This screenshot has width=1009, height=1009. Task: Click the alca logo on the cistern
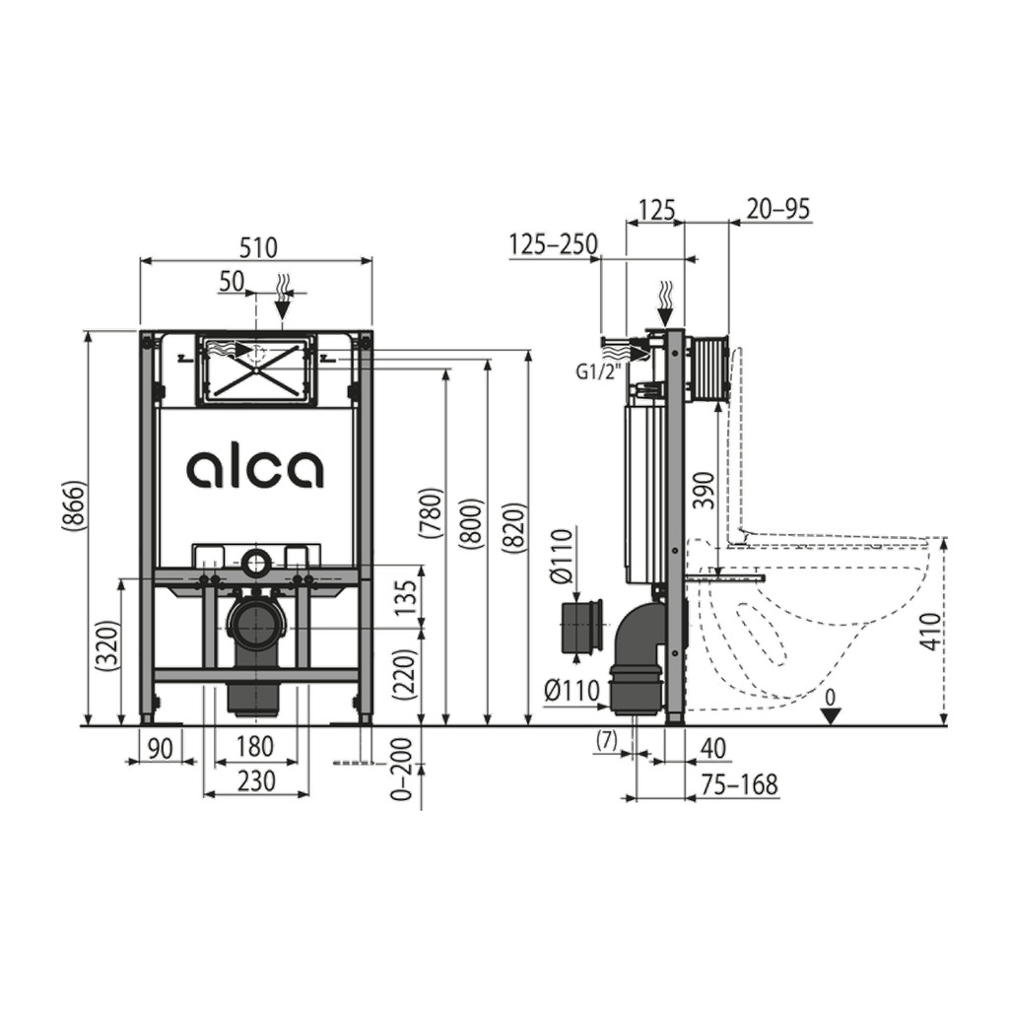[255, 468]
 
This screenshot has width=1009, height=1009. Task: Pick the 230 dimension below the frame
[255, 781]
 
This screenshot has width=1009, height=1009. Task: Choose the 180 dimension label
[254, 747]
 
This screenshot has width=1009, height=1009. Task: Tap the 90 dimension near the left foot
[162, 749]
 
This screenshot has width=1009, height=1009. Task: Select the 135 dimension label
[405, 598]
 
